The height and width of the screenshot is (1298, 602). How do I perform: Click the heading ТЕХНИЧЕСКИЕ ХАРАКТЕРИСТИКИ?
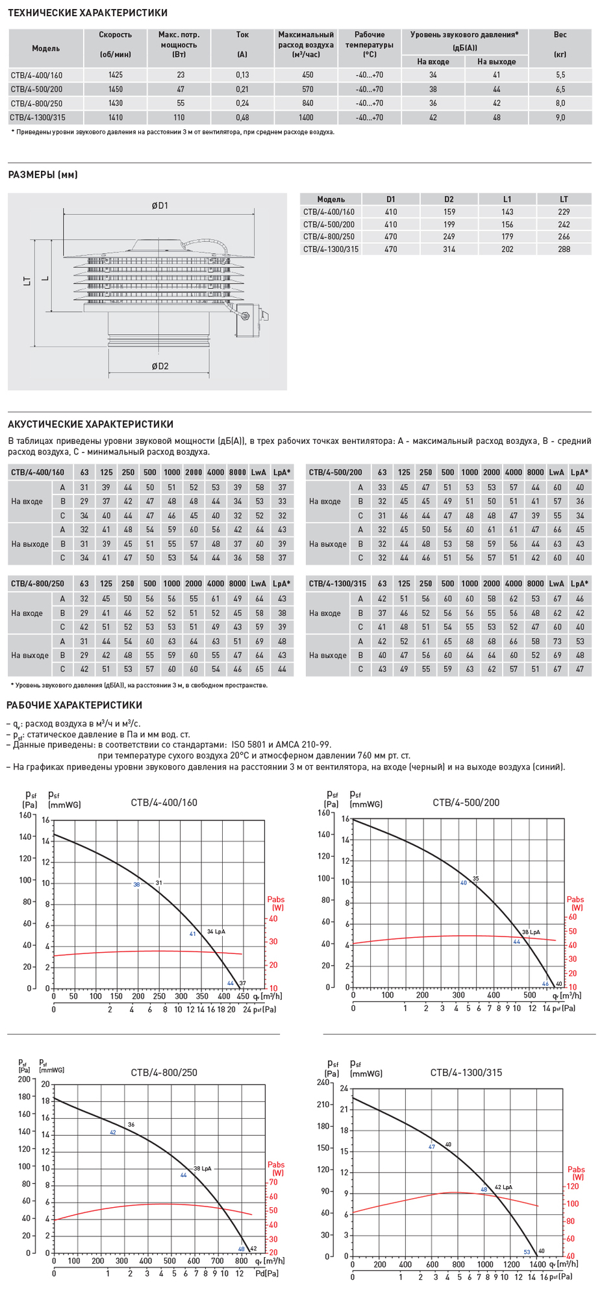[x=88, y=13]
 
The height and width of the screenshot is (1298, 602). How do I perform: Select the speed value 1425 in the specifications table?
[x=116, y=75]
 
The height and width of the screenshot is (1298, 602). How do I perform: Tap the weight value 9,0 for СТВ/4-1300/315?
[x=560, y=117]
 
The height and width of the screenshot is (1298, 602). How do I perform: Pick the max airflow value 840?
[x=308, y=103]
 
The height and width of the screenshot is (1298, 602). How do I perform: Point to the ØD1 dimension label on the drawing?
[x=160, y=206]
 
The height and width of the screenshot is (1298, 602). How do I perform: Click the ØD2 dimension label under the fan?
[x=160, y=366]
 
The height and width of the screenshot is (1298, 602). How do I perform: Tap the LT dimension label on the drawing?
[x=27, y=281]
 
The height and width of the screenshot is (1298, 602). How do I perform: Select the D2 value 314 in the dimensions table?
[x=449, y=249]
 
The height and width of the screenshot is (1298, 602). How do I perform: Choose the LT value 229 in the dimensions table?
[x=564, y=212]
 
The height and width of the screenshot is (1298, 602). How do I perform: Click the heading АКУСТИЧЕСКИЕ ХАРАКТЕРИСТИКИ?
[x=90, y=424]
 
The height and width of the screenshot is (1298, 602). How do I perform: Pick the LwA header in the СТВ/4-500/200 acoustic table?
[x=557, y=472]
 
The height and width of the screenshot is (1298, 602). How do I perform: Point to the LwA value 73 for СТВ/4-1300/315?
[x=557, y=641]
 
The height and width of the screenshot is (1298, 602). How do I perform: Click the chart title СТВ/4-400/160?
[x=164, y=803]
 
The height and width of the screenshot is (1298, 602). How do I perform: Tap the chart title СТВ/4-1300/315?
[x=466, y=1073]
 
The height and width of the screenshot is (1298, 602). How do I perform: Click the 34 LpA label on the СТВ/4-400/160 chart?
[x=216, y=931]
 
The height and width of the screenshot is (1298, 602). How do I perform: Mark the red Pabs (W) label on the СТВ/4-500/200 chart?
[x=575, y=903]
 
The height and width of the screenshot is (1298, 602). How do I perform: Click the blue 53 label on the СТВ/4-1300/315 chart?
[x=527, y=1252]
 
